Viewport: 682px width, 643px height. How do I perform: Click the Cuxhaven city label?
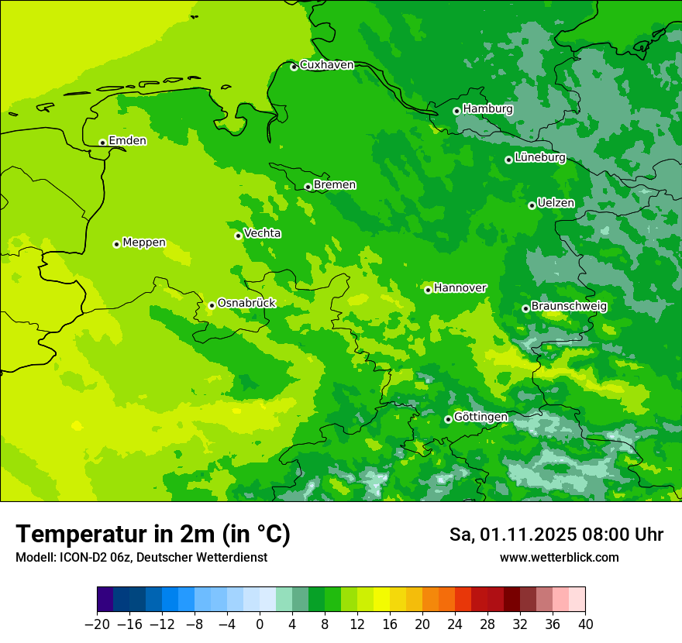click(326, 65)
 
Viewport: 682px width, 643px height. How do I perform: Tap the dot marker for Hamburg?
click(456, 111)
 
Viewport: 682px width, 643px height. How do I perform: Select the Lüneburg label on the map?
click(540, 158)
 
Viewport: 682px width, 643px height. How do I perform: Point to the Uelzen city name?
click(556, 203)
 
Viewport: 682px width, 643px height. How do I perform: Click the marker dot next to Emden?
click(102, 143)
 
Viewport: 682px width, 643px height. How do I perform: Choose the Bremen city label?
click(335, 185)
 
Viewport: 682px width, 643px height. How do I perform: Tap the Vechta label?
click(263, 233)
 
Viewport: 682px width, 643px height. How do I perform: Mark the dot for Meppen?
click(116, 244)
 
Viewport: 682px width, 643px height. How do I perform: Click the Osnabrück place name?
click(246, 303)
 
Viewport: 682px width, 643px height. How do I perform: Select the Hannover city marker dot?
click(428, 290)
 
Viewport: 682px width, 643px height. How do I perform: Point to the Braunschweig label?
click(569, 306)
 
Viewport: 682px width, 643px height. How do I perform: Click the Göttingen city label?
click(480, 417)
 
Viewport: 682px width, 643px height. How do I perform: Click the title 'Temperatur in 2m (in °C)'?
click(153, 535)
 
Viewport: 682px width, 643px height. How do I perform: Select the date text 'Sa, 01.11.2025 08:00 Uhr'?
click(556, 535)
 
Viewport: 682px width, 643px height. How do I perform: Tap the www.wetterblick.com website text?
click(559, 557)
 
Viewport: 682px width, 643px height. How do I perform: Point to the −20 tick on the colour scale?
click(97, 624)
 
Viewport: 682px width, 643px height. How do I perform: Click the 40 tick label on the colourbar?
click(585, 624)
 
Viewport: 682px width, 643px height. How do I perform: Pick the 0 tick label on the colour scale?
click(260, 624)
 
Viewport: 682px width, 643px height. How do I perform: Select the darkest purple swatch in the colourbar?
click(105, 600)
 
